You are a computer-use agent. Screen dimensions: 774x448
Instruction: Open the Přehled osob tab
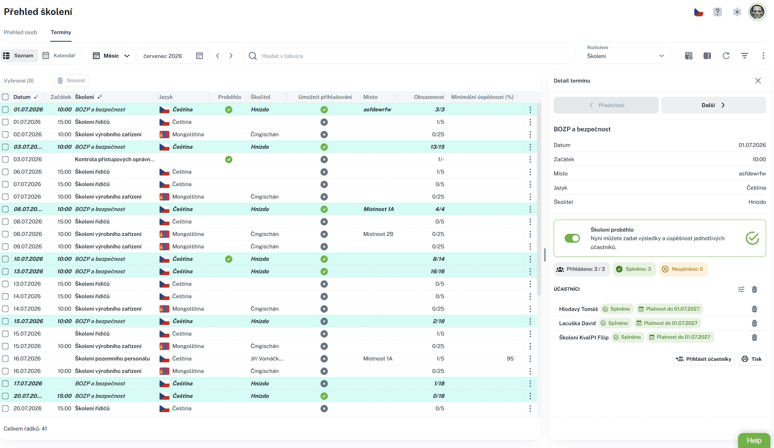point(20,32)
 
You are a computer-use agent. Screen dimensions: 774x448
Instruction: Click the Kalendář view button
point(59,56)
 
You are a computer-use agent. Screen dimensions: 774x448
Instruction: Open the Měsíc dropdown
point(111,56)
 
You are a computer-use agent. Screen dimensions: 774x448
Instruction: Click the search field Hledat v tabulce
point(409,56)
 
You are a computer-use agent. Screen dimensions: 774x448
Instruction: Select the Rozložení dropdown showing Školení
point(625,56)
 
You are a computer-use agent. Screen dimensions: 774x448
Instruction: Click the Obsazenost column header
point(429,97)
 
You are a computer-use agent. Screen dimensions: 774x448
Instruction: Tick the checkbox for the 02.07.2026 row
point(5,135)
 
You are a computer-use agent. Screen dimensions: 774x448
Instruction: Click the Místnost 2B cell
point(378,234)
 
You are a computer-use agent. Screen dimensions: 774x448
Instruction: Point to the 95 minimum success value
point(510,359)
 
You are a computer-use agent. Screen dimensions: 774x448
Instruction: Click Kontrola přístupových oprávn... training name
point(115,159)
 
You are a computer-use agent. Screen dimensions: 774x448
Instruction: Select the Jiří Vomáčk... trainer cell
point(267,359)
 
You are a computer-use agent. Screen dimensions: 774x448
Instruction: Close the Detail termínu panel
point(758,81)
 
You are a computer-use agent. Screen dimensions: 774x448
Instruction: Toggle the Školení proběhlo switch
point(572,238)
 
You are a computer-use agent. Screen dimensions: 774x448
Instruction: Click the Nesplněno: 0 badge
point(683,269)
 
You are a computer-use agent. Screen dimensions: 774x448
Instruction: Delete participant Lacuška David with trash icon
point(754,323)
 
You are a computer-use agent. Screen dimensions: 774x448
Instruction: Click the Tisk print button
point(752,359)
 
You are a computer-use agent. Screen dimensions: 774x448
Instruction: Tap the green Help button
point(754,441)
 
